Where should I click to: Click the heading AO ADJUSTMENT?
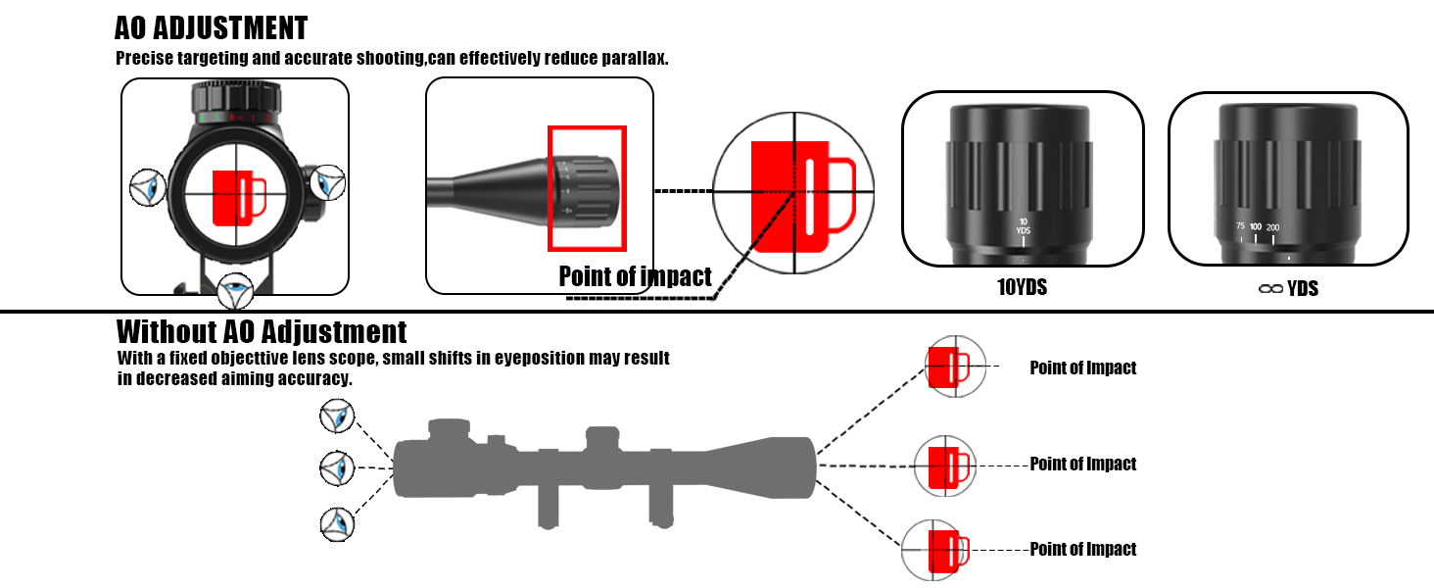point(211,27)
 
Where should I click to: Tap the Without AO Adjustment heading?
point(262,331)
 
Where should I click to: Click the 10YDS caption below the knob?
point(1023,288)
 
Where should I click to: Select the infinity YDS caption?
point(1287,288)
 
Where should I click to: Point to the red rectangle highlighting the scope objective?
point(587,188)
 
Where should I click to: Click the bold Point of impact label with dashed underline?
point(635,277)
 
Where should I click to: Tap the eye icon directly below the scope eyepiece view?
point(235,291)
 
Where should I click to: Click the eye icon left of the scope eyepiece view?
point(148,186)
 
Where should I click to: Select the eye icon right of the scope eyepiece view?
point(326,182)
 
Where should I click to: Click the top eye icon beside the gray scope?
point(337,417)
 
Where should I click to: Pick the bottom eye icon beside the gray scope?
point(337,523)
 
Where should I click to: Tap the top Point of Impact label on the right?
point(1082,368)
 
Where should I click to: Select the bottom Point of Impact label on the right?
point(1082,550)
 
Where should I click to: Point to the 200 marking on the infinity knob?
point(1272,228)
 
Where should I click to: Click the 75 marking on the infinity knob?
point(1240,227)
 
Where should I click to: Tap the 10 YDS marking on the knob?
point(1023,226)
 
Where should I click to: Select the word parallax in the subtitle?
point(634,58)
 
